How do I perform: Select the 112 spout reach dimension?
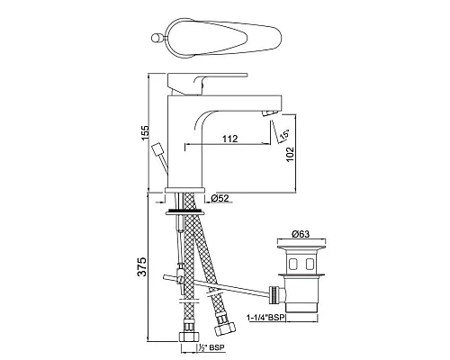230,138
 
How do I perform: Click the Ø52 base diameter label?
220,200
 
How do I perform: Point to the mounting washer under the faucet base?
184,212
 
